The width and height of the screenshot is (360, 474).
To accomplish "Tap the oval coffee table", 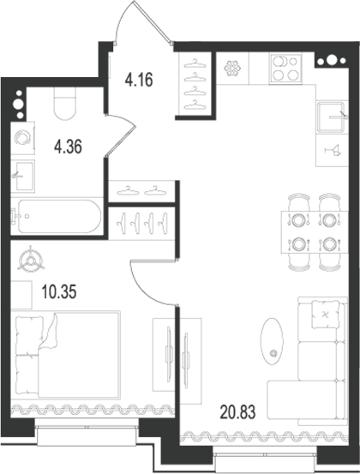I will pyautogui.click(x=272, y=338).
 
